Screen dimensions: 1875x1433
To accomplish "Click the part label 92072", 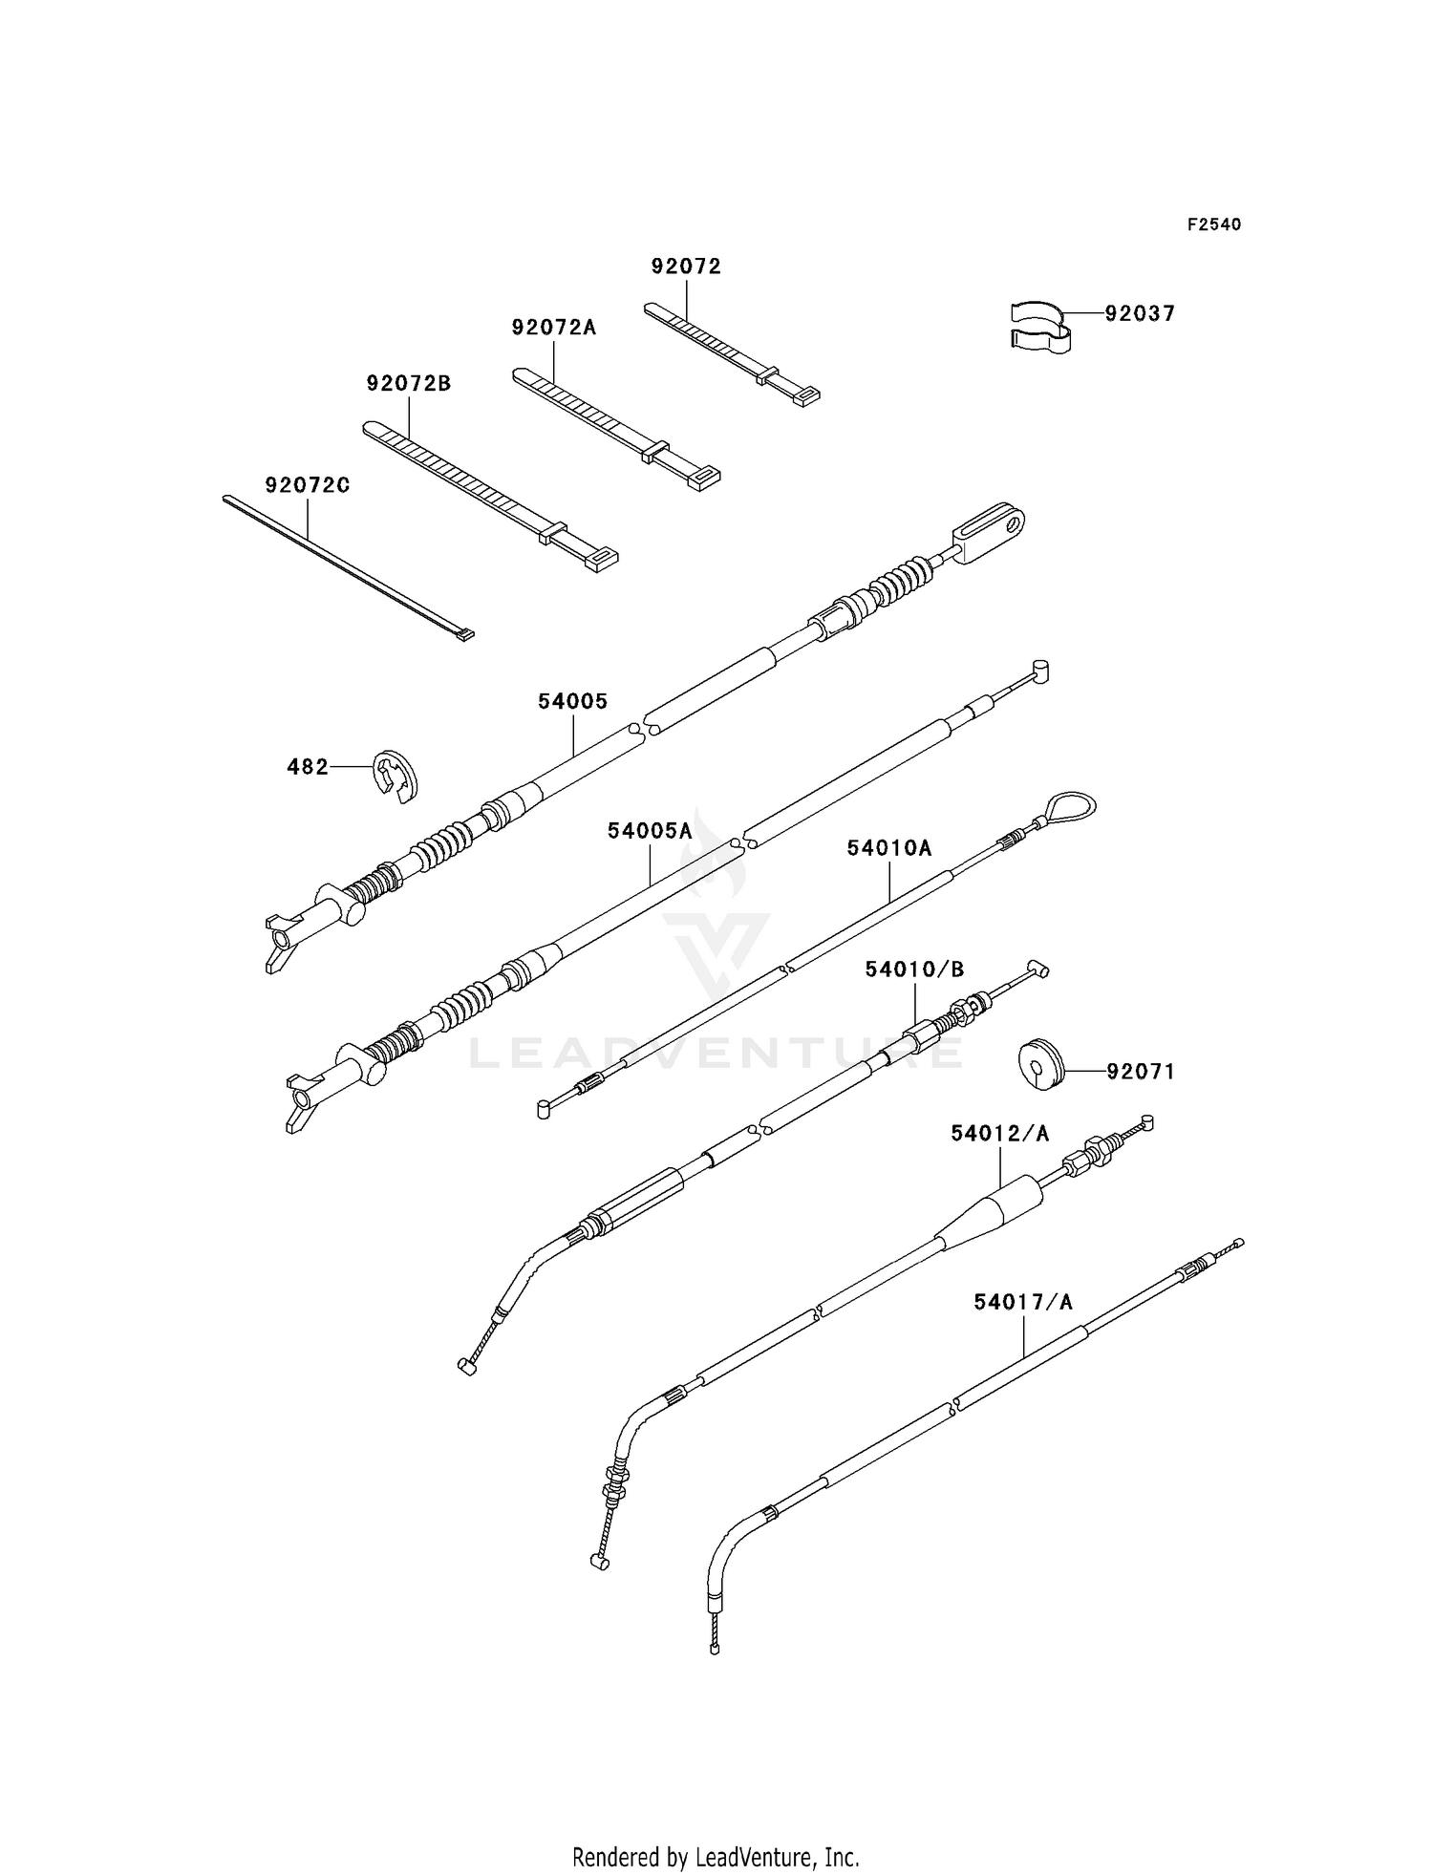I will (x=686, y=266).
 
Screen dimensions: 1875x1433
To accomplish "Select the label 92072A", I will (x=553, y=328).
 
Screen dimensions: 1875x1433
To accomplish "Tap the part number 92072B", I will (x=409, y=383).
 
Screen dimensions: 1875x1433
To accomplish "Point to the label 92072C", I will (x=307, y=485).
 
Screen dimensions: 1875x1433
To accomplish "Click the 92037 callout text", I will (x=1140, y=313).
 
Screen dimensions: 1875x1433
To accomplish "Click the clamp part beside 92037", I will (x=1039, y=326).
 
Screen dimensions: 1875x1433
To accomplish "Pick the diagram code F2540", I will (x=1214, y=224).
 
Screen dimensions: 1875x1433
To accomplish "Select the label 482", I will (x=308, y=766).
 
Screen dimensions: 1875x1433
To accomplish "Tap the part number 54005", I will (x=572, y=701).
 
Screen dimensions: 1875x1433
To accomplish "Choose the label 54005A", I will (x=650, y=831).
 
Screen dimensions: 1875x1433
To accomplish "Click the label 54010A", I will (x=888, y=847).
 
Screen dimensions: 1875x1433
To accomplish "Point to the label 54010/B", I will (x=914, y=969).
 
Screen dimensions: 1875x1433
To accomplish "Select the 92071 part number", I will (x=1141, y=1072).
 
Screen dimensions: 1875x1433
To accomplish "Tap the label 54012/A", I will (x=999, y=1133).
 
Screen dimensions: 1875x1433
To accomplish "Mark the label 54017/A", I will (x=1023, y=1302).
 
